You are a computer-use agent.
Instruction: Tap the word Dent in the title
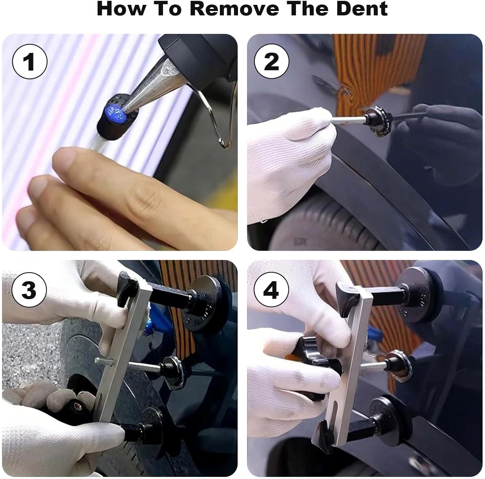click(362, 9)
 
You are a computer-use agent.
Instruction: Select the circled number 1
click(30, 62)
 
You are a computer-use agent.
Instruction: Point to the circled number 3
click(29, 290)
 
